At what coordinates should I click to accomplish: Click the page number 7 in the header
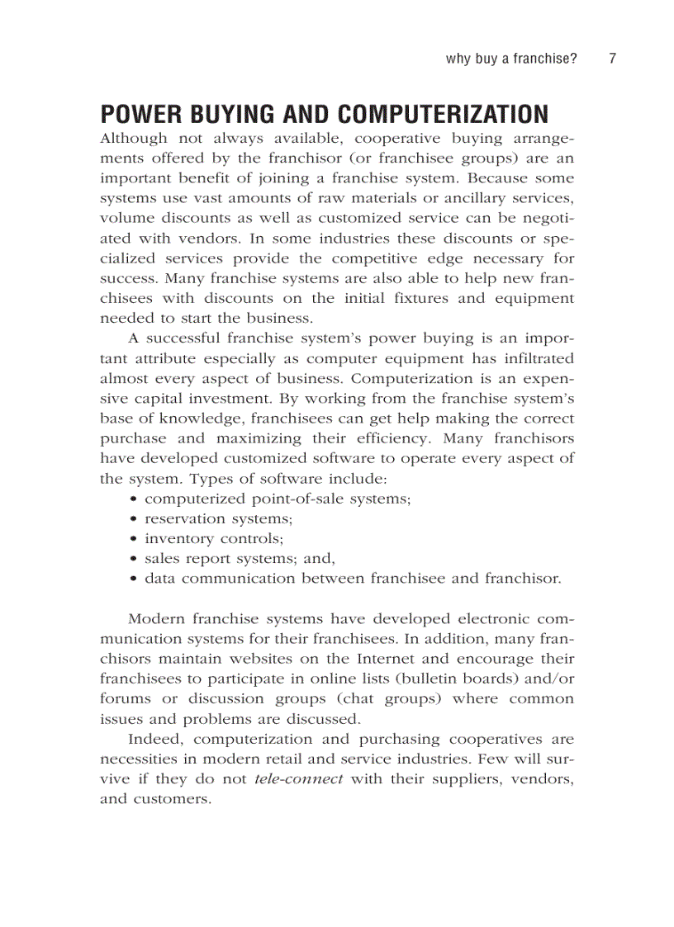tap(612, 59)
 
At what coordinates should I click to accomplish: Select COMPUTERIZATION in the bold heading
tap(444, 114)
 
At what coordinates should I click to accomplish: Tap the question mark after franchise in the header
tap(573, 59)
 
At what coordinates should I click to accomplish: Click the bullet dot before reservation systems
tap(134, 519)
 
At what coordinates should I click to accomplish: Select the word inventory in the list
tap(178, 538)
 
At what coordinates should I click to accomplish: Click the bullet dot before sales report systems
tap(134, 559)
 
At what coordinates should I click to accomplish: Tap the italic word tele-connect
tap(298, 779)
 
